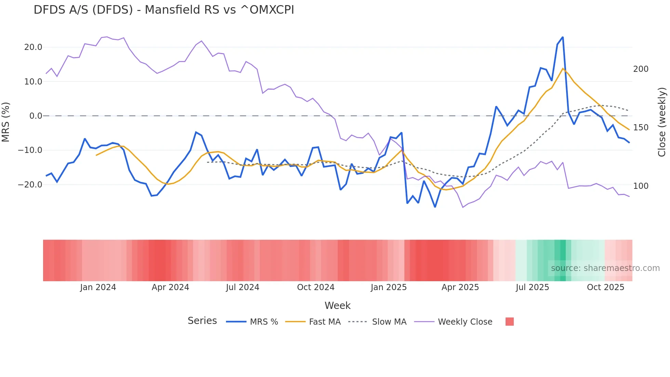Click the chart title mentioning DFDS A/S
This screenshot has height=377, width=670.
tap(164, 10)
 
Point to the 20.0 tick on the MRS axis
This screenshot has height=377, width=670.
tap(33, 47)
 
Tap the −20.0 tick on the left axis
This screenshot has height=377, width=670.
tap(30, 185)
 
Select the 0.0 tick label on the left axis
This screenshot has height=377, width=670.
tap(36, 116)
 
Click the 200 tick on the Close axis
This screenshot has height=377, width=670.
tap(641, 69)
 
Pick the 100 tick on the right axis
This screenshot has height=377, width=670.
tap(641, 186)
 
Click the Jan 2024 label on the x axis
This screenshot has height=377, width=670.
tap(98, 287)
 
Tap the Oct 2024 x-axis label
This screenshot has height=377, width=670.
tap(316, 287)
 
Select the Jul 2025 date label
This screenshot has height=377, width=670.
tap(532, 287)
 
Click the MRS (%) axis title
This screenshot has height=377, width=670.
tap(6, 122)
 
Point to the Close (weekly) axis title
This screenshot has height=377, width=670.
tap(662, 122)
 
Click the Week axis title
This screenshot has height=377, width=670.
tap(337, 305)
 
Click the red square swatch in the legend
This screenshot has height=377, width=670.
tap(509, 322)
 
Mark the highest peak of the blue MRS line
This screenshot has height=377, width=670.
tap(563, 37)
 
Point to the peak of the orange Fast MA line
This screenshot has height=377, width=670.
tap(563, 68)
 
